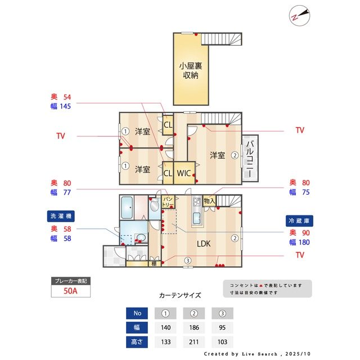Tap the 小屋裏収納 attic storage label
pyautogui.click(x=191, y=70)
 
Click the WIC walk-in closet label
pyautogui.click(x=184, y=173)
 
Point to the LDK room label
pyautogui.click(x=204, y=244)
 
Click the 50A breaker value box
pyautogui.click(x=70, y=291)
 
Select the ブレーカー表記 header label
pyautogui.click(x=70, y=281)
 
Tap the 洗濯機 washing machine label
pyautogui.click(x=61, y=216)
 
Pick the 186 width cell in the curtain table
pyautogui.click(x=193, y=327)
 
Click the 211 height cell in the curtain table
pyautogui.click(x=193, y=341)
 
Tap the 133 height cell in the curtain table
pyautogui.click(x=165, y=341)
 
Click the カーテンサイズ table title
pyautogui.click(x=180, y=295)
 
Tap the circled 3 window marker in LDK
pyautogui.click(x=187, y=260)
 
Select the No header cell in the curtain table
pyautogui.click(x=137, y=313)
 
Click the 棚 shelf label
pyautogui.click(x=154, y=263)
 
